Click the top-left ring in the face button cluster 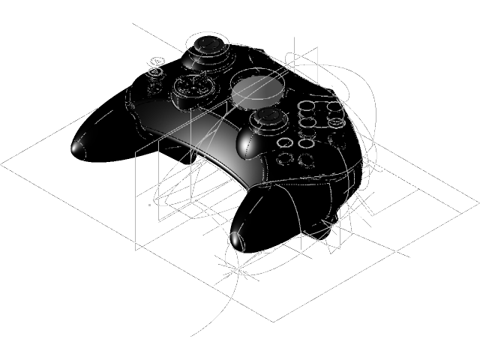coord(307,108)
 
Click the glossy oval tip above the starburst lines coord(237,239)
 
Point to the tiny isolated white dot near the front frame coord(150,203)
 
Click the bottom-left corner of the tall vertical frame coord(135,249)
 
